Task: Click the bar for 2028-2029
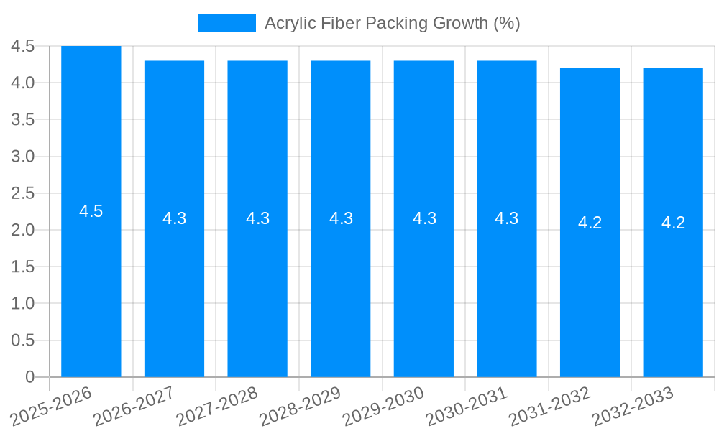tap(341, 287)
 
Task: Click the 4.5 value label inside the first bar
tap(91, 211)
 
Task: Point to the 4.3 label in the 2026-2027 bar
tap(175, 218)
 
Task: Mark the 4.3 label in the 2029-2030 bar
tap(424, 218)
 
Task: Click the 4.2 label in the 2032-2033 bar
tap(673, 223)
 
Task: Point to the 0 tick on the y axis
tap(29, 377)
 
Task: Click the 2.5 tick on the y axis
tap(23, 193)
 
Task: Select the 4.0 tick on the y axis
tap(23, 83)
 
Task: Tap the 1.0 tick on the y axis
tap(23, 303)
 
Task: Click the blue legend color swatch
tap(226, 23)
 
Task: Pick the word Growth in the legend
tap(461, 23)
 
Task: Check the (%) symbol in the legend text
tap(507, 23)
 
